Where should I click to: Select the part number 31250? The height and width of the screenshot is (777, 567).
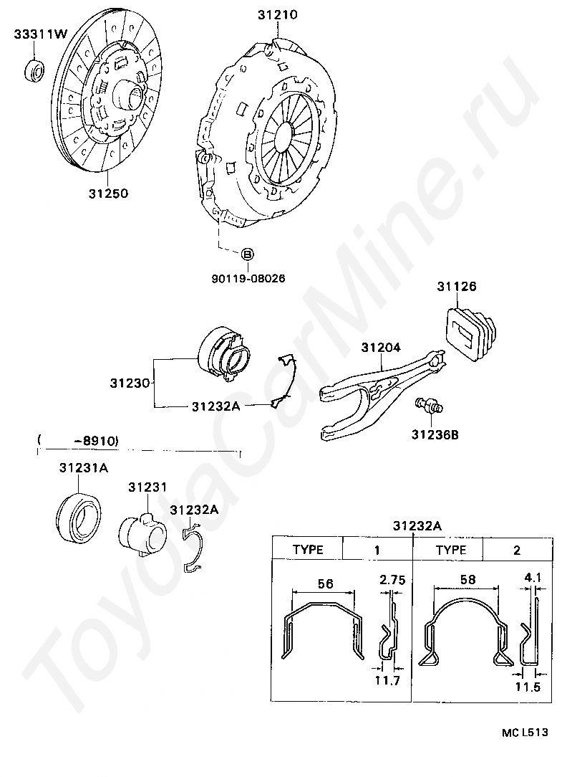tap(109, 193)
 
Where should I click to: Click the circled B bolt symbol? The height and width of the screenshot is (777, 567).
tap(246, 254)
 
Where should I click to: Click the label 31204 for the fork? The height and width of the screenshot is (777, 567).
tap(381, 348)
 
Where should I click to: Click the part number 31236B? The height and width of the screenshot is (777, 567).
tap(435, 434)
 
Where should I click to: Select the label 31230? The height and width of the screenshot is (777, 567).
tap(130, 383)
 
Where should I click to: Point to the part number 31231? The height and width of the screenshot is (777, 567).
tap(148, 487)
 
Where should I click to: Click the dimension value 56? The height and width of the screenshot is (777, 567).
tap(325, 584)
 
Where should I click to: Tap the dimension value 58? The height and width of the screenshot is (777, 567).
tap(467, 579)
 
